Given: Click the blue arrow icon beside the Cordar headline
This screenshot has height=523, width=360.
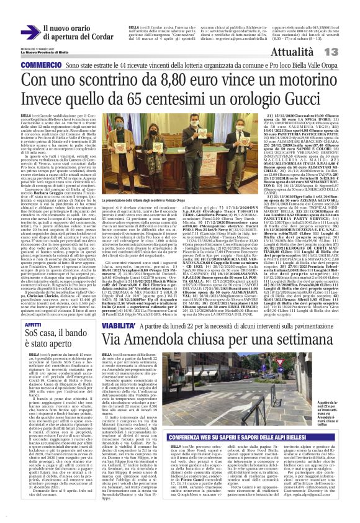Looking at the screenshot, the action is (29, 30).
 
